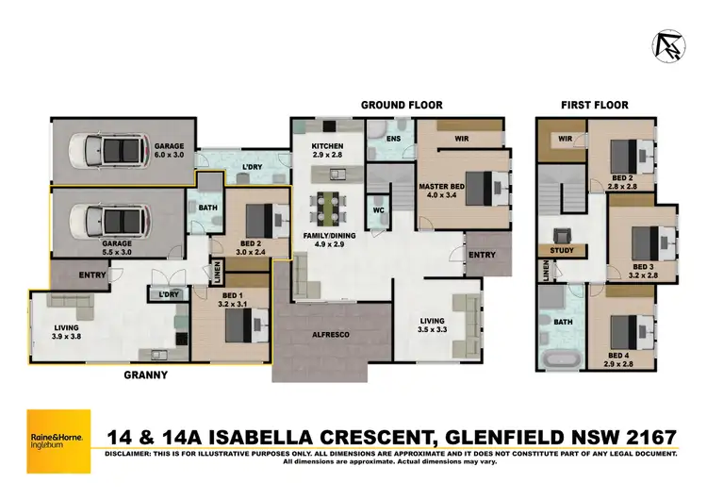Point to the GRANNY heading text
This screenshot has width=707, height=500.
click(145, 375)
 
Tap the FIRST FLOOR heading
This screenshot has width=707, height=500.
click(594, 105)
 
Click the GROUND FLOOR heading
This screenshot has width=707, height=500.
click(402, 105)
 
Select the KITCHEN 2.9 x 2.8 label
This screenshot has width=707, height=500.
click(329, 151)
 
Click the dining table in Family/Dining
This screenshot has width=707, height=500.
click(329, 204)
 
